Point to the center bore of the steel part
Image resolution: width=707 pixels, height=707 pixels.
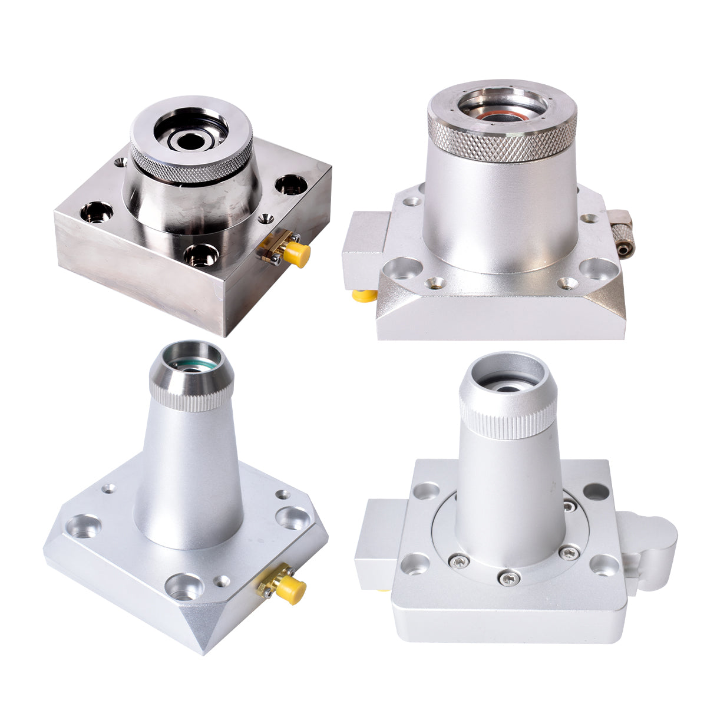(x=189, y=140)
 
